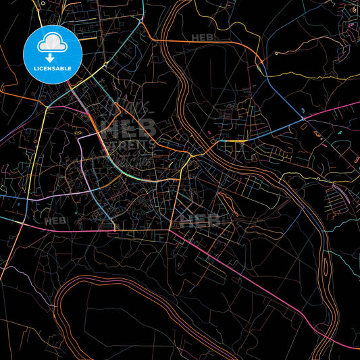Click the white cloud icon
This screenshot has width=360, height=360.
[x=52, y=43]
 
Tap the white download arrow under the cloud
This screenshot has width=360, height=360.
[x=52, y=59]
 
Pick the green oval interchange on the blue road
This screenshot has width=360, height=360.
[x=259, y=66]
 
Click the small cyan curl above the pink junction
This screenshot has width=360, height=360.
[x=303, y=109]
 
